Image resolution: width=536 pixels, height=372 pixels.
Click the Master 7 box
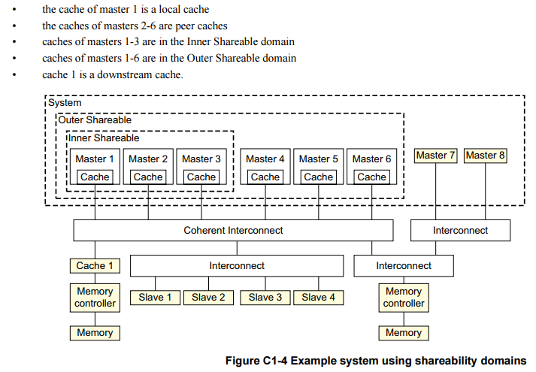click(x=437, y=156)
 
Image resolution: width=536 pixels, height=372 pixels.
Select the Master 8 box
click(x=486, y=156)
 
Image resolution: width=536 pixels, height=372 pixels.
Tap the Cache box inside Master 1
click(x=95, y=177)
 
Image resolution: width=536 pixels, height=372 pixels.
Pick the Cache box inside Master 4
click(x=265, y=177)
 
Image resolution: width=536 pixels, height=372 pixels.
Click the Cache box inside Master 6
click(x=372, y=177)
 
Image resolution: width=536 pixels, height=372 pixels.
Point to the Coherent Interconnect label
click(x=234, y=231)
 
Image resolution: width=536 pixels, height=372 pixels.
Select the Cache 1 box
click(x=95, y=265)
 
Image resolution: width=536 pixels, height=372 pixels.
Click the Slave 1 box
click(x=155, y=297)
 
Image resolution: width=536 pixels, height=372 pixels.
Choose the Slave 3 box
click(x=265, y=297)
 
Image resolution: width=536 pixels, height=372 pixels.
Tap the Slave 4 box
click(x=318, y=297)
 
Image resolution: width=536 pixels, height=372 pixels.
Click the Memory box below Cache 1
click(x=95, y=332)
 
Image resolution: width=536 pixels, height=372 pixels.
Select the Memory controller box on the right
click(x=404, y=298)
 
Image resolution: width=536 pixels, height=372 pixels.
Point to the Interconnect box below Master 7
click(x=460, y=231)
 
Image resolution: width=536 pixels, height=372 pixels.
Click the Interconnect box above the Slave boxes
click(x=237, y=265)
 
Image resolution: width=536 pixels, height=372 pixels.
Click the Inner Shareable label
click(x=104, y=138)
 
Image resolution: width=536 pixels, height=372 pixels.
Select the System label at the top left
click(x=65, y=102)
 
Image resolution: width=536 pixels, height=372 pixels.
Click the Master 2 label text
click(x=148, y=159)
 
